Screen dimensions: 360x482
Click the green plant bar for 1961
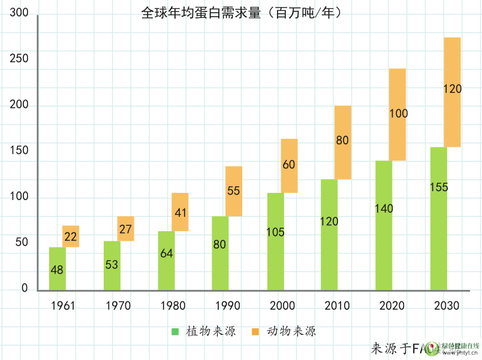point(58,268)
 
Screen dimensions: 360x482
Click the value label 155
point(439,187)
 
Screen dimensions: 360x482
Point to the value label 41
point(181,213)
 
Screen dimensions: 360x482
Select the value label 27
point(126,229)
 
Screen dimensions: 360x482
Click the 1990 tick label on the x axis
point(227,306)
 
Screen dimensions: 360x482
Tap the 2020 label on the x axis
point(391,306)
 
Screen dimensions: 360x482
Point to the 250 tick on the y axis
point(20,58)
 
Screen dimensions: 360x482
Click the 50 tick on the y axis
point(22,243)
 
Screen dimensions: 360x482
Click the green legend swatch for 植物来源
point(175,331)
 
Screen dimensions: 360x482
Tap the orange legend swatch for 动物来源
point(255,331)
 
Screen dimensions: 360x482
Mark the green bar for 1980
point(167,261)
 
